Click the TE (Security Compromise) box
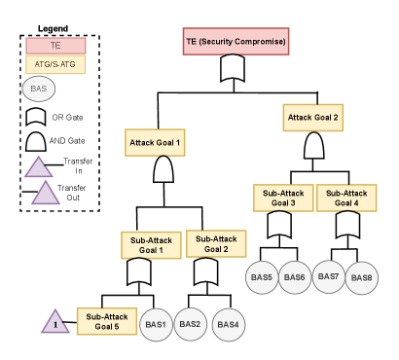pos(236,41)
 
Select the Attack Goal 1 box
pos(155,143)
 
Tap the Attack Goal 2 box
pos(312,118)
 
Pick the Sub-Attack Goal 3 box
pos(283,198)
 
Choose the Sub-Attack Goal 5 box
pos(107,321)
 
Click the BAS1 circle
pos(156,325)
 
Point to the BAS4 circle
pos(229,325)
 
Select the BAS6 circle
pos(295,277)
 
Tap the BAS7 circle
pos(328,276)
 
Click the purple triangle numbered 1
pos(55,323)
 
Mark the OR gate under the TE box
pos(233,68)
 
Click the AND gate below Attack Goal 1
pos(163,169)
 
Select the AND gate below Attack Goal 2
pos(313,145)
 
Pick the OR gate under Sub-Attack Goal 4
pos(347,225)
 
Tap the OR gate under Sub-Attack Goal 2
pos(205,271)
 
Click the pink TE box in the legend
pos(55,46)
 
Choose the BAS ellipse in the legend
pos(39,89)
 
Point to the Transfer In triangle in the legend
pos(39,167)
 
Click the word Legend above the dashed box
pos(53,29)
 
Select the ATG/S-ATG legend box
pos(55,64)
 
